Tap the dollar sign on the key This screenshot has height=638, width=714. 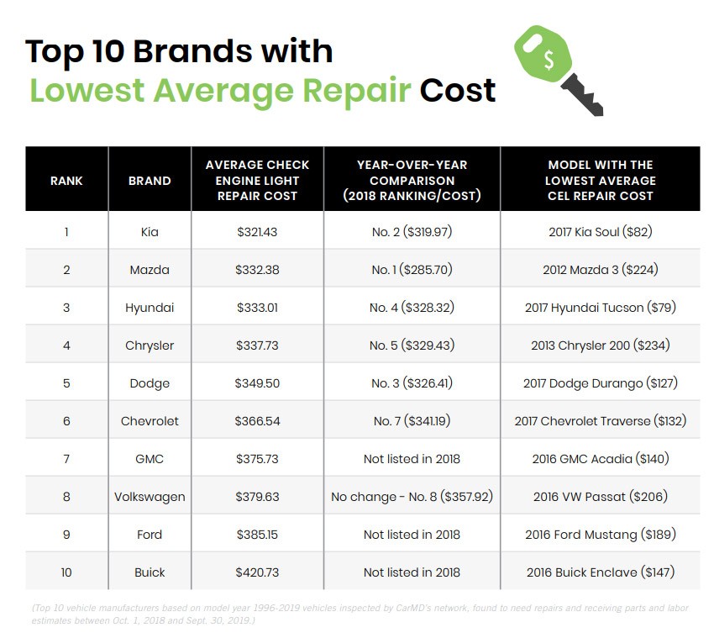(549, 59)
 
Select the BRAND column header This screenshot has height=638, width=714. (150, 180)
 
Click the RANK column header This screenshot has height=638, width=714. (66, 180)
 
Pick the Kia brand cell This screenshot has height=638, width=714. (150, 232)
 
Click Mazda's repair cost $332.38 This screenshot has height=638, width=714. (257, 270)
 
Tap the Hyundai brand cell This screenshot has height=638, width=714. (150, 308)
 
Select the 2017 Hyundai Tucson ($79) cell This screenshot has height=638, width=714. (600, 308)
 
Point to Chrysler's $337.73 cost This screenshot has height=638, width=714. (257, 345)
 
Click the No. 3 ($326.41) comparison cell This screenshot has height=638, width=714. (412, 383)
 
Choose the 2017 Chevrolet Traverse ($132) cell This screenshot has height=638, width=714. (600, 421)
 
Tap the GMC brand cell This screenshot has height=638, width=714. (150, 459)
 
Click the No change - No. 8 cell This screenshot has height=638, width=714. (412, 497)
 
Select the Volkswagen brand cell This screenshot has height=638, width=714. (150, 497)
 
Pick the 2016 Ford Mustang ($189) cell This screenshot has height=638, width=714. (600, 535)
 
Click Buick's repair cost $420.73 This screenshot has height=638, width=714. (257, 572)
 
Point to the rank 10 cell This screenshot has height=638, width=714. (66, 572)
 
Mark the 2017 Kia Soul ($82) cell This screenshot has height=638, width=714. (600, 232)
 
